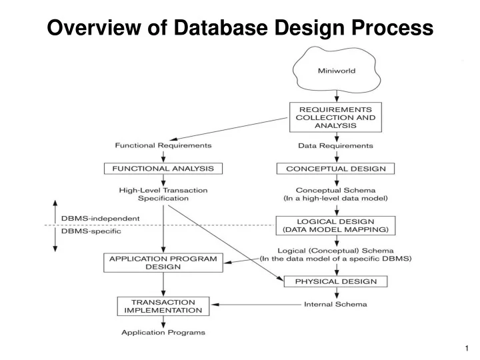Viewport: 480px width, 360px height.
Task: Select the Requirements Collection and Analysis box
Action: pyautogui.click(x=335, y=117)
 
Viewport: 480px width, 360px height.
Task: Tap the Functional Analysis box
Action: pyautogui.click(x=163, y=169)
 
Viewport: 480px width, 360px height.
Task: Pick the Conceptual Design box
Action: pyautogui.click(x=335, y=169)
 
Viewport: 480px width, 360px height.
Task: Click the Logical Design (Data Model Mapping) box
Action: pyautogui.click(x=335, y=225)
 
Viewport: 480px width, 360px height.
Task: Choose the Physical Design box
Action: pyautogui.click(x=335, y=281)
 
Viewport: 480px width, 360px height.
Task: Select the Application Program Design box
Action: pyautogui.click(x=163, y=262)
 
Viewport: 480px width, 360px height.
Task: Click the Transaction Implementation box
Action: pyautogui.click(x=163, y=306)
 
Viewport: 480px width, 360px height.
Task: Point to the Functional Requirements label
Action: pyautogui.click(x=163, y=145)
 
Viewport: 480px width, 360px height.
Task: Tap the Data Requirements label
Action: pyautogui.click(x=335, y=145)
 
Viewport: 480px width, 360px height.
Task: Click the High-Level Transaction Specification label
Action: pyautogui.click(x=163, y=194)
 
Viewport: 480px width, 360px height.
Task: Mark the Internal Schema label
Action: pyautogui.click(x=335, y=305)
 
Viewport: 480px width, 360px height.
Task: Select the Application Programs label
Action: pyautogui.click(x=163, y=332)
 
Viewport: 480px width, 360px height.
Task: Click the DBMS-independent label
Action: pyautogui.click(x=101, y=218)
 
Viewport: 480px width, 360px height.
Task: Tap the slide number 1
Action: pyautogui.click(x=467, y=349)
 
